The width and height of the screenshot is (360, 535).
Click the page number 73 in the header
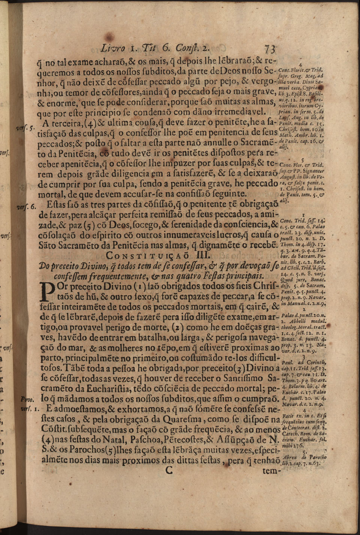[270, 49]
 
